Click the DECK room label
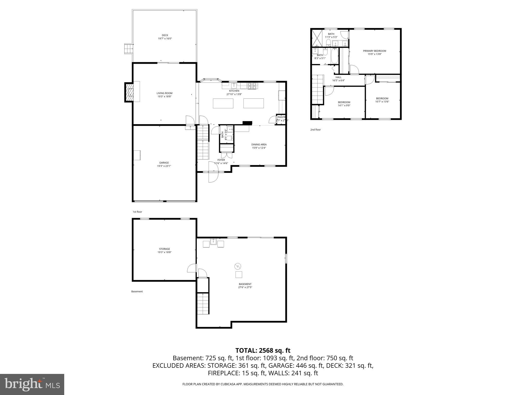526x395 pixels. point(165,35)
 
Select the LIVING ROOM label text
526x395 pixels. point(164,93)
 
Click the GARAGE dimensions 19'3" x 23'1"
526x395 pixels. point(164,166)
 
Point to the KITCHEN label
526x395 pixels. point(234,91)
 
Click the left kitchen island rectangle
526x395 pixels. point(223,103)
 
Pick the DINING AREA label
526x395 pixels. point(259,145)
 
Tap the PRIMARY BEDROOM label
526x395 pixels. point(374,51)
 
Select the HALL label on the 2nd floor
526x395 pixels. point(338,77)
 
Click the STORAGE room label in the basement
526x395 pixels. point(164,249)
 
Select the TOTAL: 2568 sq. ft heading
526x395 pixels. point(263,351)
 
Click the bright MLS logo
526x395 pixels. point(32,384)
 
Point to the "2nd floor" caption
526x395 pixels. point(315,130)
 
